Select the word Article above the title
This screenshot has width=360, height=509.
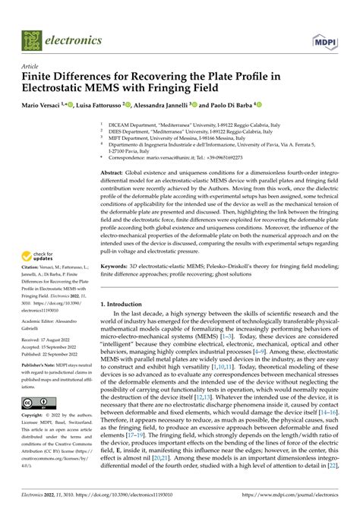tap(34, 66)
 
